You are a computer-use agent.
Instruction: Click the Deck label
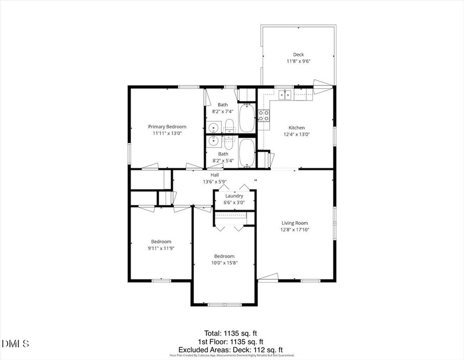[x=299, y=55]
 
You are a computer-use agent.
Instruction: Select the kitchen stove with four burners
[x=263, y=116]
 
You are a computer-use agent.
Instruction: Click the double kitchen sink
[x=285, y=94]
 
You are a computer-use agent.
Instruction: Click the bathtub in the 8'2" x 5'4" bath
[x=246, y=152]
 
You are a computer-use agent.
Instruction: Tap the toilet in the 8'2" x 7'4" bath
[x=230, y=125]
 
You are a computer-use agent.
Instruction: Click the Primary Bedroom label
[x=167, y=126]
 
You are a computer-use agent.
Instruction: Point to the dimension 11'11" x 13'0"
[x=167, y=133]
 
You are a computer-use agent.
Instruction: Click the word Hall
[x=214, y=175]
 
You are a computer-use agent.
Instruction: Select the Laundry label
[x=234, y=196]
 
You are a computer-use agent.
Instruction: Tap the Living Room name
[x=295, y=223]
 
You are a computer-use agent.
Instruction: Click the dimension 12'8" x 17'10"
[x=295, y=230]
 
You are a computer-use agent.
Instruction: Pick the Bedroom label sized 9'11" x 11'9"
[x=161, y=241]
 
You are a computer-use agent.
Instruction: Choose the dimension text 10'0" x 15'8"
[x=224, y=263]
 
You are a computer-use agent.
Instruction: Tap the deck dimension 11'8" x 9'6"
[x=299, y=61]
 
